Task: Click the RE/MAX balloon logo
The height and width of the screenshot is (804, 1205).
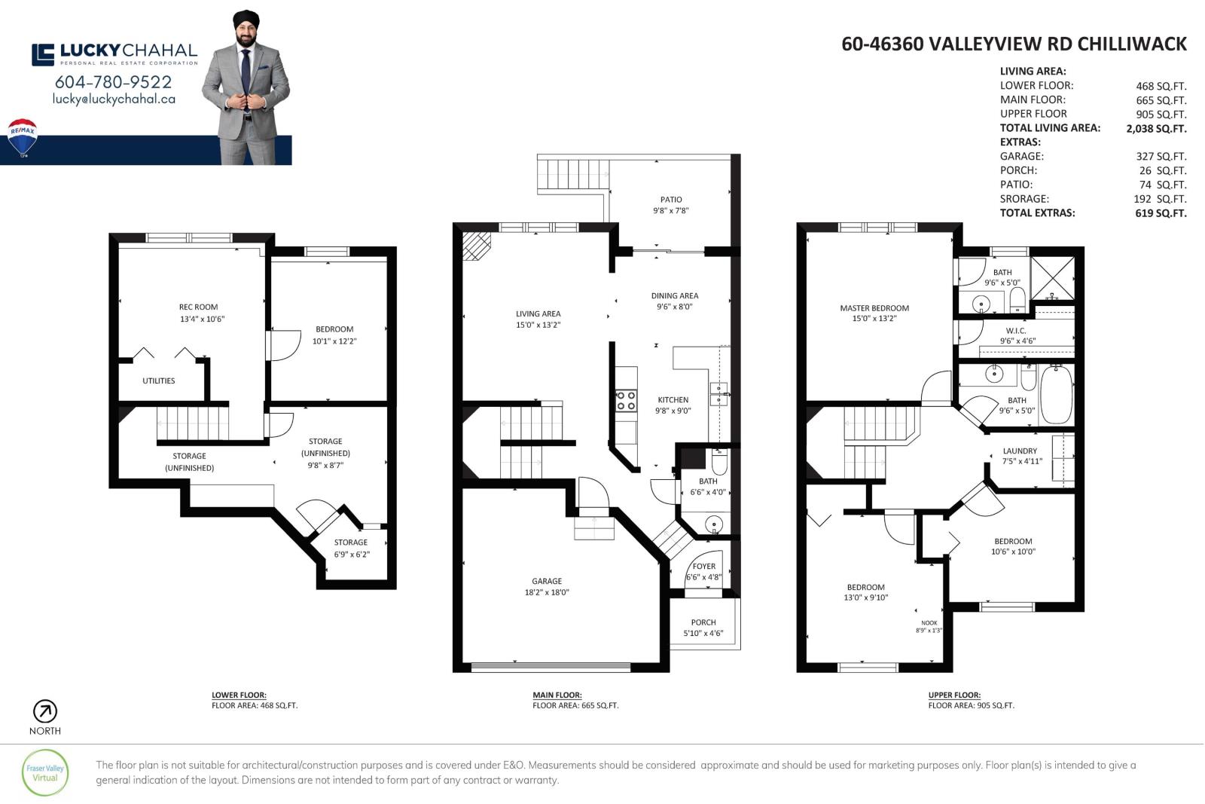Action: coord(23,137)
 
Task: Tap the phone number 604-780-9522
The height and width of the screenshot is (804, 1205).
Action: coord(114,82)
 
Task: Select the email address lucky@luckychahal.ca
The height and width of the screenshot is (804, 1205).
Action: coord(114,99)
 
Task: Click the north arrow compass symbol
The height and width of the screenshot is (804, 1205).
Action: coord(45,711)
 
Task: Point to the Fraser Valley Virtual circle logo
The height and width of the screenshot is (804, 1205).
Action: coord(45,773)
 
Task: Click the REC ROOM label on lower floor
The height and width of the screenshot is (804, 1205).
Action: coord(199,307)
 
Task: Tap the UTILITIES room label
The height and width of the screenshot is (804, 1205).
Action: coord(159,381)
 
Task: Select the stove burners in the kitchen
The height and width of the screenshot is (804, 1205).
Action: coord(626,401)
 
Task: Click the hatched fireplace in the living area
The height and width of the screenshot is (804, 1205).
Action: coord(476,246)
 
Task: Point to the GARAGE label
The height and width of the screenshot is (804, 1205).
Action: coord(547,581)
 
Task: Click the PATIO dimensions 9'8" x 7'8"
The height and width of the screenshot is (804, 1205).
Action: coord(671,211)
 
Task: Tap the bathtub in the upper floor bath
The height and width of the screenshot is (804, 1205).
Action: coord(1057,395)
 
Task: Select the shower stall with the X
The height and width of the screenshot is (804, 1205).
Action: coord(1053,279)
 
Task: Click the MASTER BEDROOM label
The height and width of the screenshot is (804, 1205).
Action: coord(874,308)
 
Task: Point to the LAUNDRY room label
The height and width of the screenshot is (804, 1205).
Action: coord(1020,451)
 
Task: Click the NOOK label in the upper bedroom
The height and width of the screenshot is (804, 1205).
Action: coord(929,622)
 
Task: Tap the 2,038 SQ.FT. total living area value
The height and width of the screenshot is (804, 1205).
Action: coord(1157,129)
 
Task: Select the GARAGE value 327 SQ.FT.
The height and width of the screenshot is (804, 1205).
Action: coord(1161,157)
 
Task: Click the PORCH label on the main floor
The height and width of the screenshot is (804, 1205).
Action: coord(703,622)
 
